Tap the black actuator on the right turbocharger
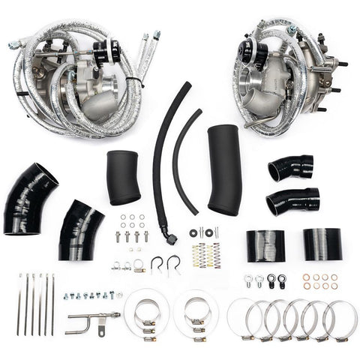247,52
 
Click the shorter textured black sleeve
124,177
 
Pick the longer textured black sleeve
224,169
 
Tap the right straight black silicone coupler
322,244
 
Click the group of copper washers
319,280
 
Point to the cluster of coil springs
207,256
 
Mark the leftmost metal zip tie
20,304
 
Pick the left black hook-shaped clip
157,265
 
